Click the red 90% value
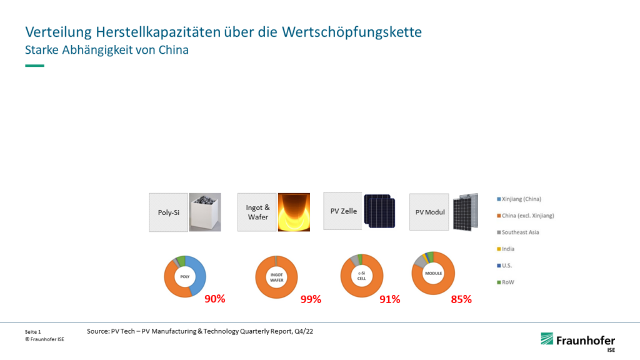click(x=215, y=299)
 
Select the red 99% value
click(x=311, y=299)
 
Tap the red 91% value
click(x=390, y=299)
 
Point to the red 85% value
click(x=461, y=299)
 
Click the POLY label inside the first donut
click(x=185, y=276)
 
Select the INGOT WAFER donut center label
click(x=276, y=276)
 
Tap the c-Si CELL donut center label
click(x=361, y=276)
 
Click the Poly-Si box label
click(x=168, y=212)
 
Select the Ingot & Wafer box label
click(x=257, y=212)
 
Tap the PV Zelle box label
click(x=343, y=211)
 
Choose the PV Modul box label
click(x=430, y=212)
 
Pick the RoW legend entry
click(x=507, y=282)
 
